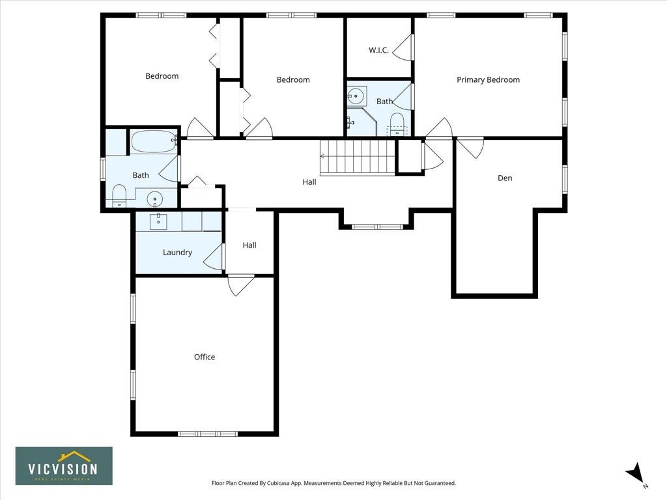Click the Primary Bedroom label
(x=488, y=80)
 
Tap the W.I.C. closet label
(x=378, y=50)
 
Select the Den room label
(x=505, y=178)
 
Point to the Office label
(x=204, y=357)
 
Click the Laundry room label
(x=177, y=253)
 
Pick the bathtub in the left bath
(x=154, y=141)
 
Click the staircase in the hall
(x=358, y=156)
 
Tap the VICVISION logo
(x=64, y=466)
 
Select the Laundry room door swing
(x=214, y=257)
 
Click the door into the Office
(x=241, y=285)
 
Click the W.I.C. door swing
(x=403, y=47)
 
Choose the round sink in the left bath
(x=155, y=199)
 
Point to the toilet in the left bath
(x=119, y=196)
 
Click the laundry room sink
(x=158, y=221)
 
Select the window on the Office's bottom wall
(x=207, y=434)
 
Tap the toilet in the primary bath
(x=397, y=124)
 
